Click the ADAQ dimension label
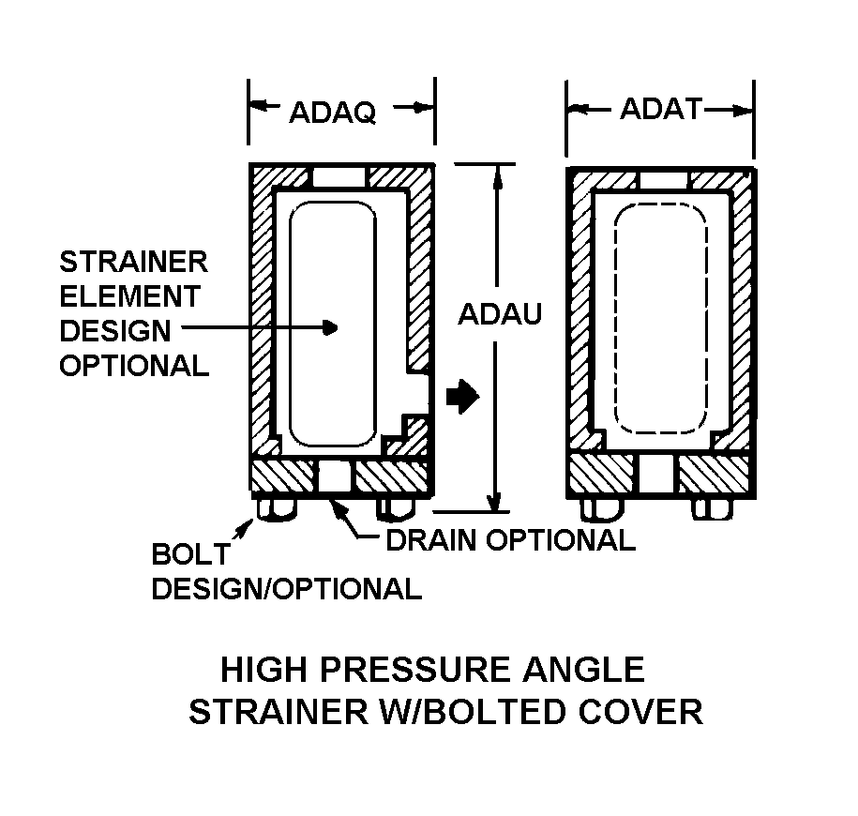click(333, 113)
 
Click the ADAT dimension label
click(661, 109)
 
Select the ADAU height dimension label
click(500, 314)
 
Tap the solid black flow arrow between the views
click(463, 396)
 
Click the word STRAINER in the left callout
click(133, 262)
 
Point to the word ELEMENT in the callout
click(130, 296)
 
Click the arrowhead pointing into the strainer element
click(330, 328)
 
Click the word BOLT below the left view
click(191, 554)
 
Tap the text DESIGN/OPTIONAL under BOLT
click(287, 589)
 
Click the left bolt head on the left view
click(276, 507)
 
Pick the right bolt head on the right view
click(713, 508)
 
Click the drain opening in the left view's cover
click(335, 476)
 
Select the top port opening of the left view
click(339, 177)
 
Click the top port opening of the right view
click(663, 181)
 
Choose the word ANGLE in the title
click(584, 670)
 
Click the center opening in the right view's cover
click(656, 474)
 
